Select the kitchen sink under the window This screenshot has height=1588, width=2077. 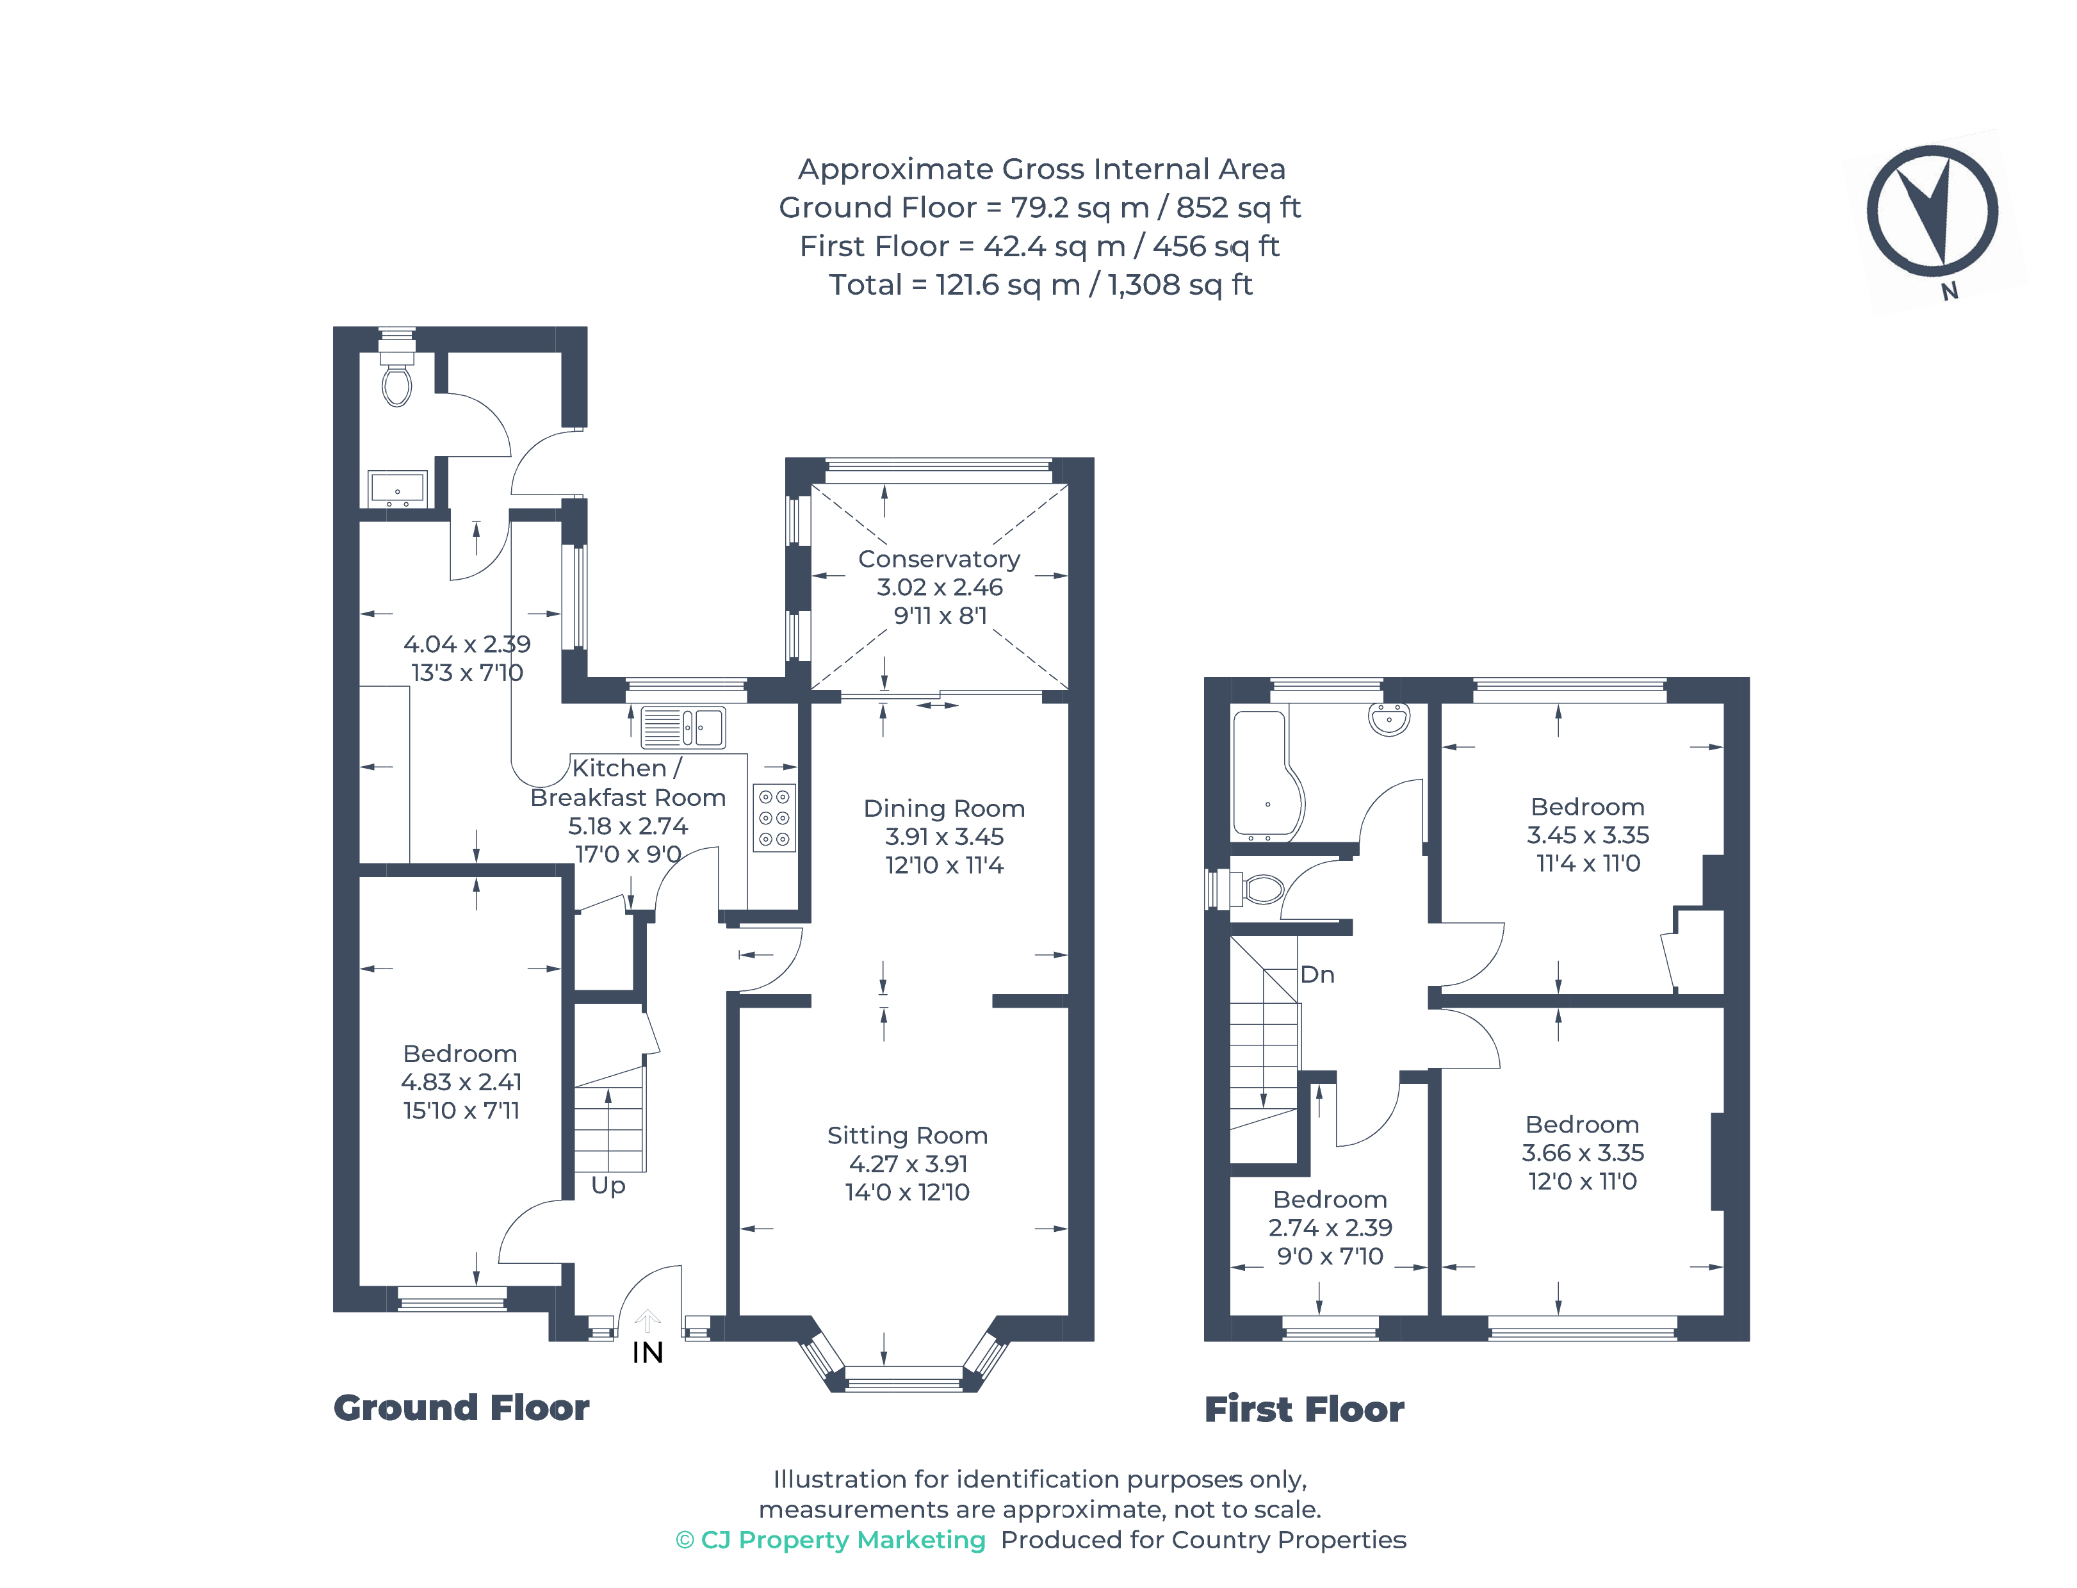click(683, 728)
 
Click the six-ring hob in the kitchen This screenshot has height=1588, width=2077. click(774, 817)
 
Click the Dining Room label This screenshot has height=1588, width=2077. click(944, 808)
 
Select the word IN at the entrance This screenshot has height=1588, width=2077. click(648, 1353)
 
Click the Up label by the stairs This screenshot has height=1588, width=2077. click(608, 1185)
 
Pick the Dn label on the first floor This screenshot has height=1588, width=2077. click(1317, 974)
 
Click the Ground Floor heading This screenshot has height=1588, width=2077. click(461, 1407)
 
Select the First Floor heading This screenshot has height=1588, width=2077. click(1304, 1409)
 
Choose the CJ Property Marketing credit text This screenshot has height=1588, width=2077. click(831, 1540)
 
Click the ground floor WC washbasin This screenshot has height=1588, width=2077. click(397, 489)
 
